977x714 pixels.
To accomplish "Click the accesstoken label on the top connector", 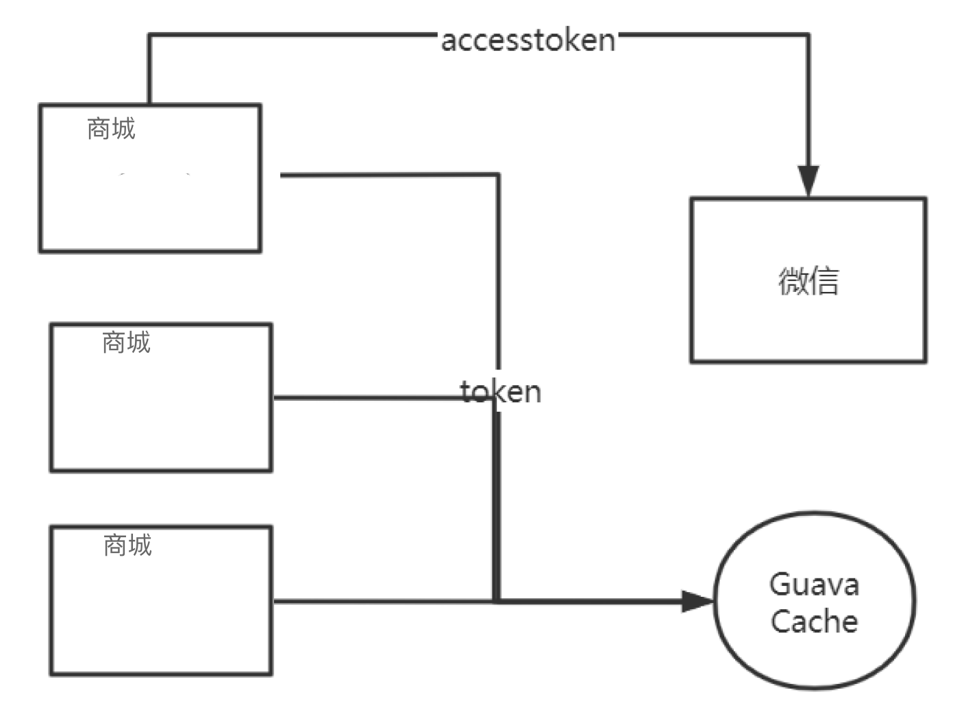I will coord(528,40).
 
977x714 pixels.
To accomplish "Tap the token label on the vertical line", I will coord(501,392).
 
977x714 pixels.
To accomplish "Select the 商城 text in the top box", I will coord(111,129).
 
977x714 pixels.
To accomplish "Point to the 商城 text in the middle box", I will coord(126,342).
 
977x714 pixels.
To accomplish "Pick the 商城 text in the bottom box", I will coord(127,545).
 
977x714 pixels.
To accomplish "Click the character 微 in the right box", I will coord(793,281).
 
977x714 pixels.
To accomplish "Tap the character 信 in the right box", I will coord(824,281).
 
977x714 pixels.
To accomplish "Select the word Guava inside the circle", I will coord(814,584).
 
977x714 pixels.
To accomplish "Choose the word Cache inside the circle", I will coord(814,621).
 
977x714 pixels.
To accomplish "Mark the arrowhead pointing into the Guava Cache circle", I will coord(697,602).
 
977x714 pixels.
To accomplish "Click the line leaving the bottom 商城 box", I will coord(377,601).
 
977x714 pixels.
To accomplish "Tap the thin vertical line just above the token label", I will coord(498,274).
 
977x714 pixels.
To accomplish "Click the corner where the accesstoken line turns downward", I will coord(808,35).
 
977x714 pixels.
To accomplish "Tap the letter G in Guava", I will coord(781,584).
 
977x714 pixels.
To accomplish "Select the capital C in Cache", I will coord(782,621).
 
